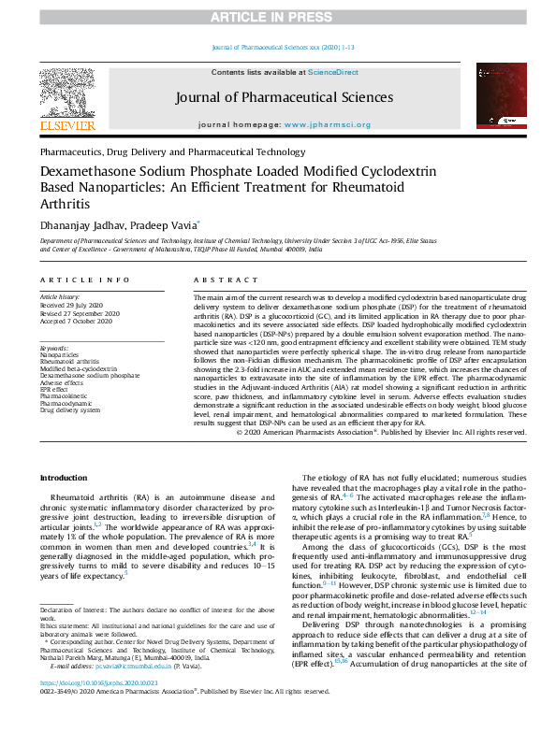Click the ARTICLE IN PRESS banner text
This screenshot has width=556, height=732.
(x=277, y=18)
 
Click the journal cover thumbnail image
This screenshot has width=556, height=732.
(x=498, y=97)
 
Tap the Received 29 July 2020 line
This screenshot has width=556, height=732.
(x=69, y=305)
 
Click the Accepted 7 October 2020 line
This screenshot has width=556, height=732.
(x=74, y=320)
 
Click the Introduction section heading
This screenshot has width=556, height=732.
(x=63, y=478)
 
